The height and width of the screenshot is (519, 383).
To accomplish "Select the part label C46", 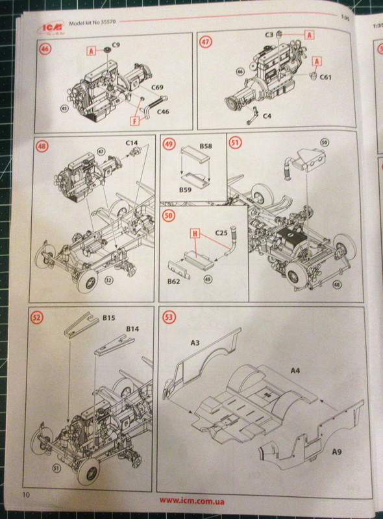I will pyautogui.click(x=163, y=112).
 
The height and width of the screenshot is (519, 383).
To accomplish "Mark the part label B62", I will pyautogui.click(x=172, y=282).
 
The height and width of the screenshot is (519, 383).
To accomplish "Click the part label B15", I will pyautogui.click(x=109, y=319).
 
